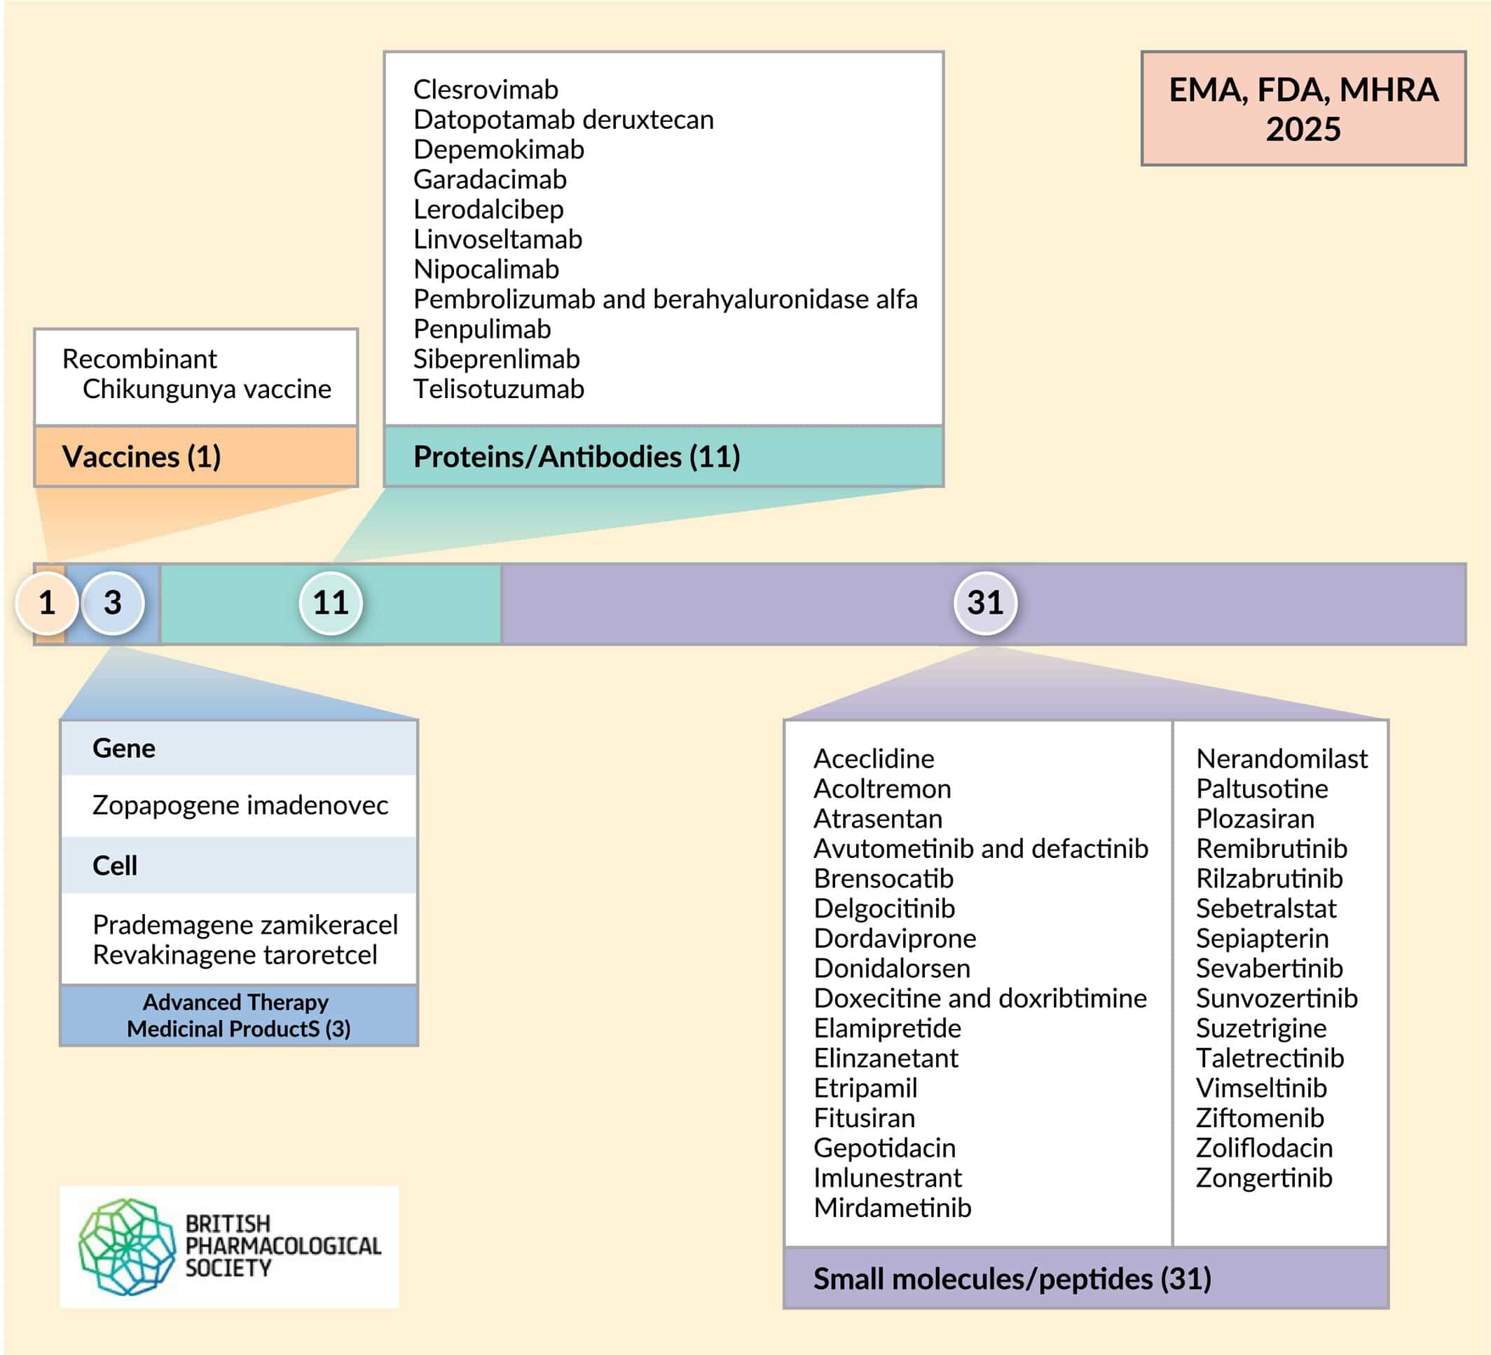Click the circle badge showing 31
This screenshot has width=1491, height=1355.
985,603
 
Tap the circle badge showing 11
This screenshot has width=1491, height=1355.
331,603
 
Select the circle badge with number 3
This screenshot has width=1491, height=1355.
112,603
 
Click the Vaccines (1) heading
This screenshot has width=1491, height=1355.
142,456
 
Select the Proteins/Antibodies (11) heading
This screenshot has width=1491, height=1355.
577,456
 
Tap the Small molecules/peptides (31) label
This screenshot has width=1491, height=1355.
1012,1279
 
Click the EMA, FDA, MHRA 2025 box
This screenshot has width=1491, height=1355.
1303,108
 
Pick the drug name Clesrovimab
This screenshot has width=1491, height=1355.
486,90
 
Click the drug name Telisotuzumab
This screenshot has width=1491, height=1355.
498,389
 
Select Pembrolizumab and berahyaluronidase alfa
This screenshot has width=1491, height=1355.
666,299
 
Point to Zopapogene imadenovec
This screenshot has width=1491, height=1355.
240,805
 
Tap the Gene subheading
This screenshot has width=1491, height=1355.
123,748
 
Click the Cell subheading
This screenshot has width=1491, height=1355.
115,865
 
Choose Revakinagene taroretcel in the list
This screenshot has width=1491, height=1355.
235,955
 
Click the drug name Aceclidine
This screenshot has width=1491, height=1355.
874,758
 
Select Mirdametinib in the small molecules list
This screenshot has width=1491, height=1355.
892,1208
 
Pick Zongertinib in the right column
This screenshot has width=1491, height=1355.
1264,1178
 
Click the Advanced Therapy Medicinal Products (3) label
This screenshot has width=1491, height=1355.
238,1015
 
